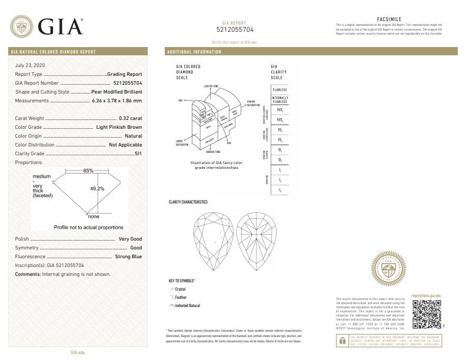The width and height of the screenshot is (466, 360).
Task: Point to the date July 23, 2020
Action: coord(30,65)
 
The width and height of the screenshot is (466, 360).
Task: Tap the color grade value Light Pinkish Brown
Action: coord(119,127)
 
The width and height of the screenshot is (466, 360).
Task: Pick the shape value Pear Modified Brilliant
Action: coord(117,92)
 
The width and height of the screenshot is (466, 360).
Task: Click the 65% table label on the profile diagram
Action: coord(88,171)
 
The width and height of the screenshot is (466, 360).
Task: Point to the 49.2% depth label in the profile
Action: coord(97,189)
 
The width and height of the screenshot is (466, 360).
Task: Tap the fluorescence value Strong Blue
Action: coord(128,257)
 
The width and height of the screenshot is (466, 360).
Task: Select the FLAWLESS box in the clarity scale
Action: coord(279,89)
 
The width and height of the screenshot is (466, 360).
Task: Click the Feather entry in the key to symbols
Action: coord(179,297)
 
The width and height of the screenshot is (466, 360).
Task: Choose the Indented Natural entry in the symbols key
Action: coord(185,305)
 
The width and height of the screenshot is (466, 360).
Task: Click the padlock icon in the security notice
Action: coord(342,339)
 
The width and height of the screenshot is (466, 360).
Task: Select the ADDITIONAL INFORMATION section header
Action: coord(195,52)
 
